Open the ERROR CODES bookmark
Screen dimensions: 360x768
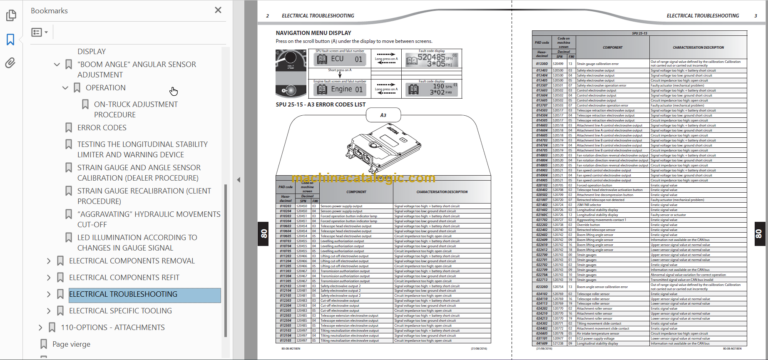101,128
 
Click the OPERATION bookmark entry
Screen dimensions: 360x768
105,88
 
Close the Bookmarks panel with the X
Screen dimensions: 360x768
217,10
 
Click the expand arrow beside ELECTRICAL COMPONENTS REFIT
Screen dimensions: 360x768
49,278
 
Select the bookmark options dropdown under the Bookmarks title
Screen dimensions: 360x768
40,32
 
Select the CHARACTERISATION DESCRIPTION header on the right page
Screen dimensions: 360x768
699,47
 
